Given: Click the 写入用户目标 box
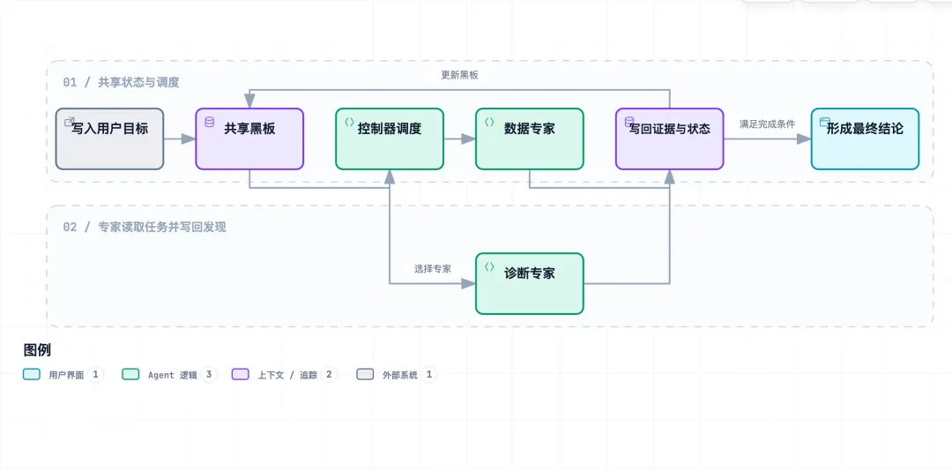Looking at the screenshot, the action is point(109,139).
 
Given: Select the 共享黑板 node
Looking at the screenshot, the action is point(249,139).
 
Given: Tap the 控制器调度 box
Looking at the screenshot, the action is point(390,139).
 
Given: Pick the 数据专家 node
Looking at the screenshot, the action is point(530,139).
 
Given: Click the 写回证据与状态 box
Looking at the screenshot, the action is point(670,139).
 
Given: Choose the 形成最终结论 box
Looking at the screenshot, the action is point(866,139).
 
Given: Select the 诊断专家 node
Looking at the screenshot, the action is point(530,283).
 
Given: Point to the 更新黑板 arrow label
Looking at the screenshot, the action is point(459,75).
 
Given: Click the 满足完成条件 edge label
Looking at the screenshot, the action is point(768,124).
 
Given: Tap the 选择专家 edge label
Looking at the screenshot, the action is point(433,268).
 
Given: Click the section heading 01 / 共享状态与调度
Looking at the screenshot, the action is point(122,82).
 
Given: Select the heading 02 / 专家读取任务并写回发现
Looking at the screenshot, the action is point(145,228).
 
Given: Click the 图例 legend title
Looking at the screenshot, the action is point(37,350).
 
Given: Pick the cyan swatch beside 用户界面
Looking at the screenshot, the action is point(32,374).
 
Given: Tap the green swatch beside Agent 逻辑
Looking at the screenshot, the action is point(130,374).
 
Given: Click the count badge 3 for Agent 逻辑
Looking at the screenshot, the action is point(208,374).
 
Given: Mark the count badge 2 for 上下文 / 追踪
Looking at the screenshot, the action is point(329,374).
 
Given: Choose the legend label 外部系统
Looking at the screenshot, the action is point(400,375).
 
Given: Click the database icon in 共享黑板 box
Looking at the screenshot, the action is point(210,122).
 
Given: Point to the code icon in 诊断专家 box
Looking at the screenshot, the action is point(489,266).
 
